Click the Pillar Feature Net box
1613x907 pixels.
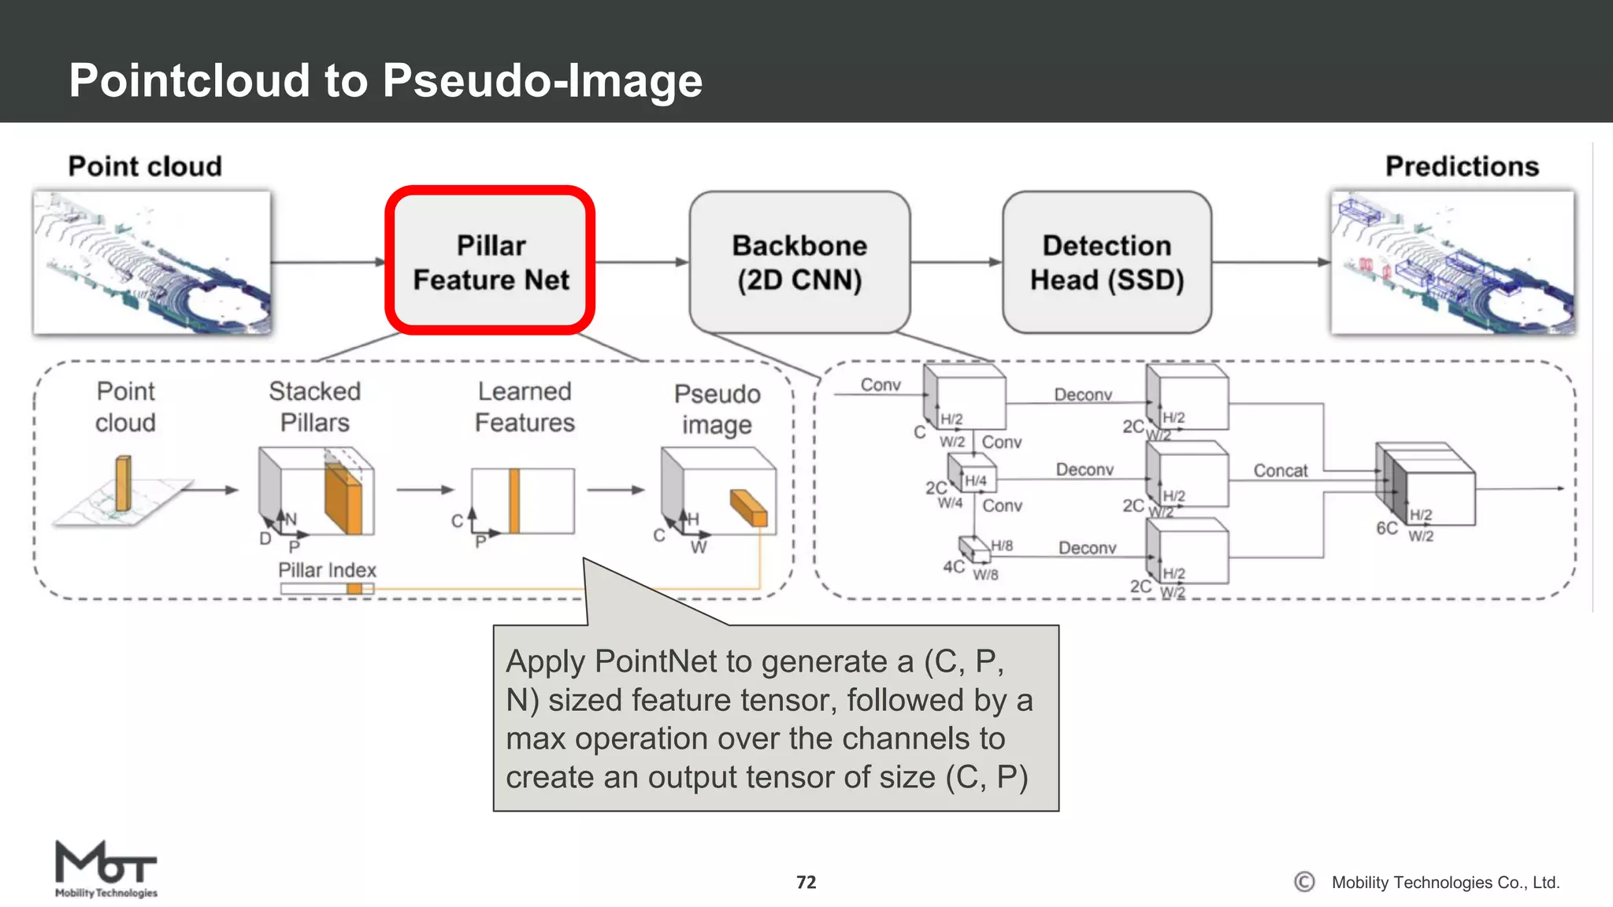[x=490, y=261]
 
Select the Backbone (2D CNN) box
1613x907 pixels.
[x=799, y=262]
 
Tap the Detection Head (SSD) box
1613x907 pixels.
[x=1107, y=262]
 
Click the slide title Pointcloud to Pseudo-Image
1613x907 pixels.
[x=385, y=80]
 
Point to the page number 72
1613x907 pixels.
[x=806, y=882]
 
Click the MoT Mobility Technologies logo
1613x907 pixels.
[x=106, y=869]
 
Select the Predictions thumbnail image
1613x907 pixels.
[x=1452, y=262]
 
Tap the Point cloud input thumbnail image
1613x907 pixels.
[x=152, y=262]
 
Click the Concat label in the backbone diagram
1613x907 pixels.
[x=1280, y=471]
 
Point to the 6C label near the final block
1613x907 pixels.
[x=1386, y=528]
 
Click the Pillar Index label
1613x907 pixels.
[x=327, y=570]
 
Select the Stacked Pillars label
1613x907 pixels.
[x=314, y=406]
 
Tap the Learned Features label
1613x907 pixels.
[x=525, y=406]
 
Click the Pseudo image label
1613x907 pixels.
[x=717, y=409]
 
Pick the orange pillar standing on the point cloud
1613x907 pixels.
[x=124, y=483]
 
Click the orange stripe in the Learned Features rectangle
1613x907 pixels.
[x=514, y=502]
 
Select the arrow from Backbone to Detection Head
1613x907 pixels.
[x=956, y=262]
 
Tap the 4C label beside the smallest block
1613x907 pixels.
[x=953, y=567]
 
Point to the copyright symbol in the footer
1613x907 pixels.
[x=1304, y=882]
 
